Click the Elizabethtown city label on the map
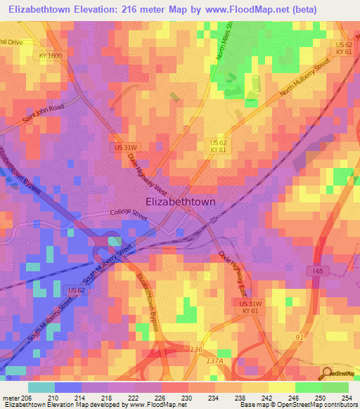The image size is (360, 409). pos(180,201)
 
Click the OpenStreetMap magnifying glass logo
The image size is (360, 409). pos(326,373)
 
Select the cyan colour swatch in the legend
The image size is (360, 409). pos(41,387)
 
